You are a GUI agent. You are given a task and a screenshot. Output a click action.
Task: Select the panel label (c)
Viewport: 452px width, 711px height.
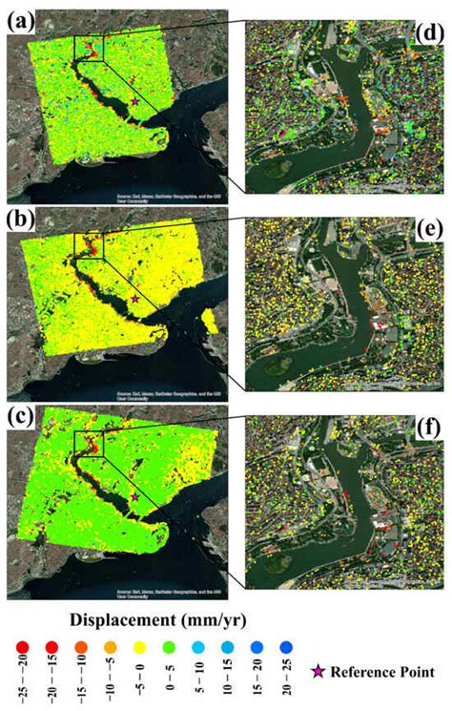pos(20,416)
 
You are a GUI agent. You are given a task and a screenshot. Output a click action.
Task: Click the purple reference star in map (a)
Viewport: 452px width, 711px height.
pos(135,100)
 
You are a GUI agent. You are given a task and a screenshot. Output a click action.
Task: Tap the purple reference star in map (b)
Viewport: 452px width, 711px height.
pos(135,299)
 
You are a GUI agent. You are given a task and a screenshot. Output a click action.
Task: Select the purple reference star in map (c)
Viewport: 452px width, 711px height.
pos(135,497)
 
